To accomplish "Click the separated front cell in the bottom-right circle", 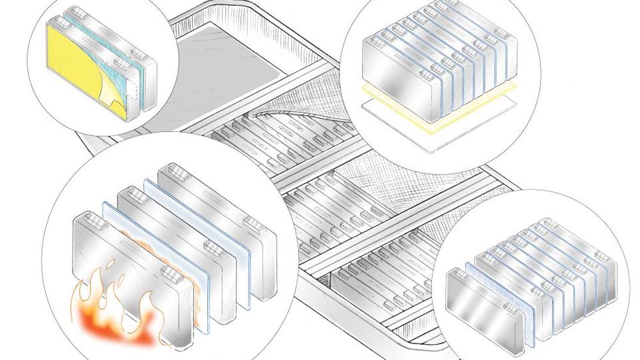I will [487, 307].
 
